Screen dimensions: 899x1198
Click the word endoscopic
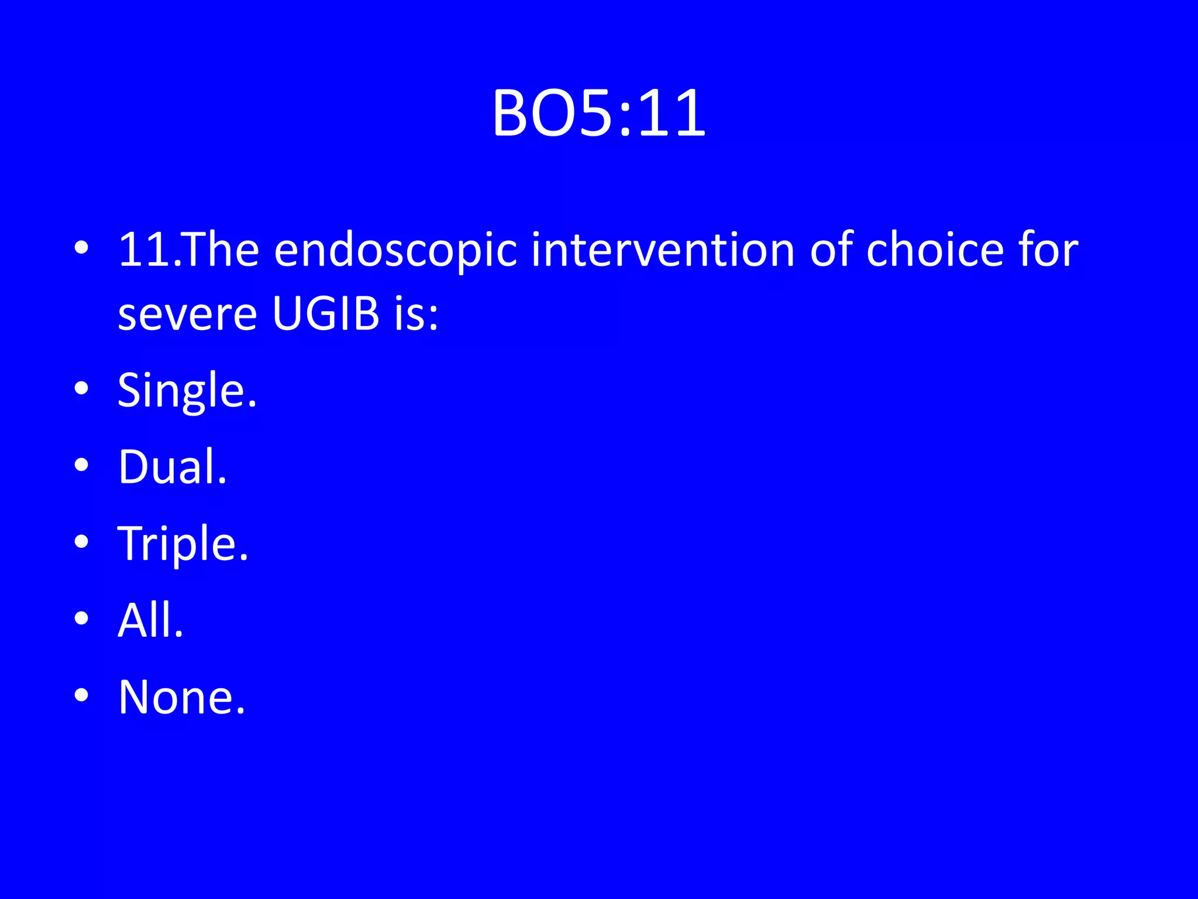395,251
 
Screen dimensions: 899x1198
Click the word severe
187,314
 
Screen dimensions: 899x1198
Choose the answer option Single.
187,391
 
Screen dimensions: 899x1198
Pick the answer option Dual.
173,467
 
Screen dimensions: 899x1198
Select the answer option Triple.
183,544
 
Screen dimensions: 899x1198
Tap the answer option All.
150,620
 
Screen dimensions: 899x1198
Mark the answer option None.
181,697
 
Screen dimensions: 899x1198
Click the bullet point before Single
82,388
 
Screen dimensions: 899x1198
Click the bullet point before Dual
82,465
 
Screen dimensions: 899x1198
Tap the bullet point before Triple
82,541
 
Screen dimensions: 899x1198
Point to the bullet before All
82,618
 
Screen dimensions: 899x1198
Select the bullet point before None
82,695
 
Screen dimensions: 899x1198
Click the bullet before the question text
82,248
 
